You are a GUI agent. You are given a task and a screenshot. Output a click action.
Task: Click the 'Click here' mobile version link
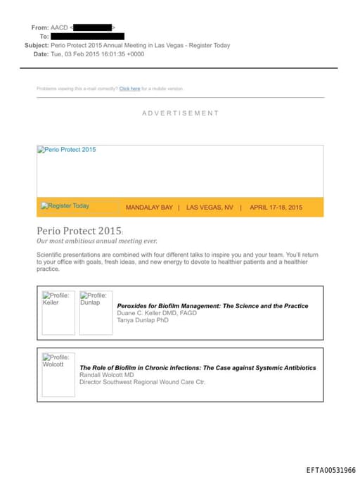click(x=129, y=89)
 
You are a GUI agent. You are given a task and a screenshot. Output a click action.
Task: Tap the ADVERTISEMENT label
click(x=180, y=113)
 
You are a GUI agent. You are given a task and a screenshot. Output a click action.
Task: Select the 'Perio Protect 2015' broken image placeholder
click(x=67, y=150)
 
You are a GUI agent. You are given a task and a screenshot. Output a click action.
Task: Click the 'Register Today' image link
click(x=65, y=206)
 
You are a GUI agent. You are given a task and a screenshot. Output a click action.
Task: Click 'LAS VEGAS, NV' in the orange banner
click(x=210, y=208)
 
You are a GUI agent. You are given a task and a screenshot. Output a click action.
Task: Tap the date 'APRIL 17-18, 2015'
click(x=276, y=208)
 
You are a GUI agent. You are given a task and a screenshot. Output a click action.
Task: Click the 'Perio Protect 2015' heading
click(x=78, y=231)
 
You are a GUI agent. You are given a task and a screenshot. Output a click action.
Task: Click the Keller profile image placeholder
click(x=58, y=312)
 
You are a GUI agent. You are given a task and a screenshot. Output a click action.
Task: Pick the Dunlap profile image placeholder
click(x=95, y=312)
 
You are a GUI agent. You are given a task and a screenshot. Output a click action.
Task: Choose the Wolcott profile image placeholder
click(x=58, y=374)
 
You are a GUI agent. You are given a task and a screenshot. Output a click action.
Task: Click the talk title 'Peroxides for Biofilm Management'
click(x=212, y=306)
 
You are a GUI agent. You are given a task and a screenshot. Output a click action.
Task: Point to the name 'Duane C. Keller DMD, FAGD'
click(x=157, y=313)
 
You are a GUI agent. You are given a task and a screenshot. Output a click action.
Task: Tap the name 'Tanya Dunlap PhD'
click(x=143, y=320)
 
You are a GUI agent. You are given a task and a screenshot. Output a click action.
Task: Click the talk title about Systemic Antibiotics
click(x=198, y=367)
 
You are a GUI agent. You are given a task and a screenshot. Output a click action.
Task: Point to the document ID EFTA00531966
click(x=330, y=470)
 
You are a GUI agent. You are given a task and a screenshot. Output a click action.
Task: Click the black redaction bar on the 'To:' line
click(x=88, y=36)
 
